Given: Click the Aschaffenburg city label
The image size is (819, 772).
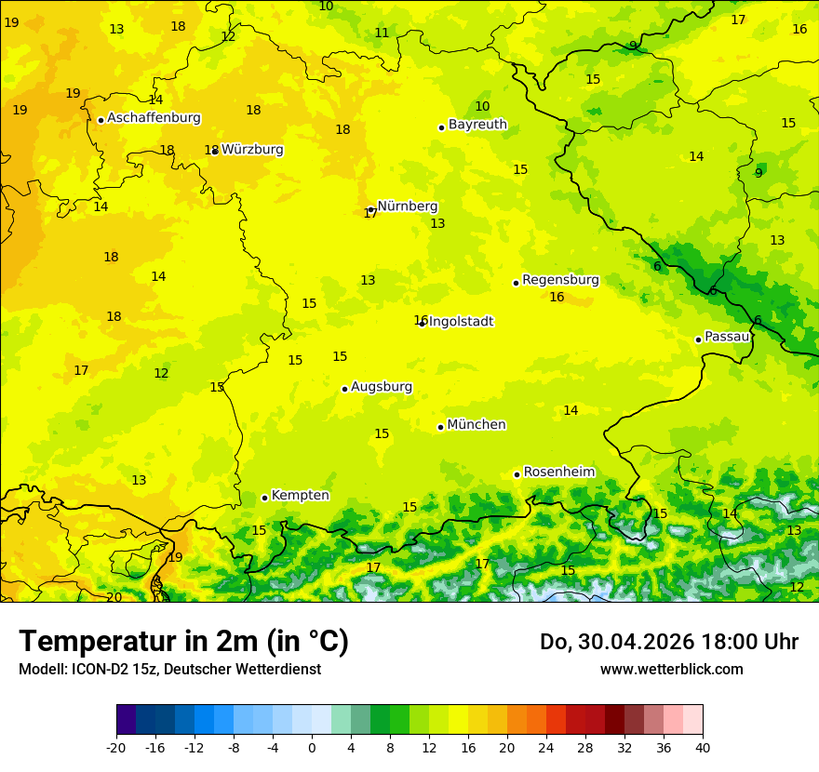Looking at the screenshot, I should (x=154, y=118).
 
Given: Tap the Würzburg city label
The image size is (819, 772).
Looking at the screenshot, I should (x=252, y=150).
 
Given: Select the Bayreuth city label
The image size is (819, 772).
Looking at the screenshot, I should (x=477, y=125).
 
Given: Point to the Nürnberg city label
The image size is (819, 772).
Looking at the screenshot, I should (x=407, y=206).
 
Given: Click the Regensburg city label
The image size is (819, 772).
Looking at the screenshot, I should (x=560, y=280).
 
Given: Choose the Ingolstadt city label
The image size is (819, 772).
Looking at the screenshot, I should (x=461, y=322).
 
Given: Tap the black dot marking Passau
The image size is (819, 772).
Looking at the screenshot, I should (x=698, y=339).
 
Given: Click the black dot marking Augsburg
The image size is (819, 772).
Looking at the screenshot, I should (x=344, y=389).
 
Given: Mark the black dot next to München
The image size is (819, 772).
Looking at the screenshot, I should (x=440, y=427).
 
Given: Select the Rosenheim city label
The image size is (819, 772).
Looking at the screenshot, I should (x=558, y=473).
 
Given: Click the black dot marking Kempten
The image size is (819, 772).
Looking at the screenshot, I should (x=264, y=498).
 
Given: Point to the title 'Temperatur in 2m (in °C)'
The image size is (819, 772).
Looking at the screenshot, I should (x=183, y=642).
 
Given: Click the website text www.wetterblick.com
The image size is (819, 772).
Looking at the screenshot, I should (x=671, y=670).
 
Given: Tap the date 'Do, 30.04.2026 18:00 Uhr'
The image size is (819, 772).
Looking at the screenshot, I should (x=668, y=642).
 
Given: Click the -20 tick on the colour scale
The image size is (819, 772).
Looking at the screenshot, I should (x=116, y=747).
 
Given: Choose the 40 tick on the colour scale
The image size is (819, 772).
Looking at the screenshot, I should (x=702, y=747).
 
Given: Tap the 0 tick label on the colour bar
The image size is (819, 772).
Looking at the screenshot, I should (x=312, y=747).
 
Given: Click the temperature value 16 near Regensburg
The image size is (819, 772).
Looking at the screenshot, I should (x=557, y=298).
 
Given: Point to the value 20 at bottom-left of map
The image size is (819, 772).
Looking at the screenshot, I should (x=114, y=597).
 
